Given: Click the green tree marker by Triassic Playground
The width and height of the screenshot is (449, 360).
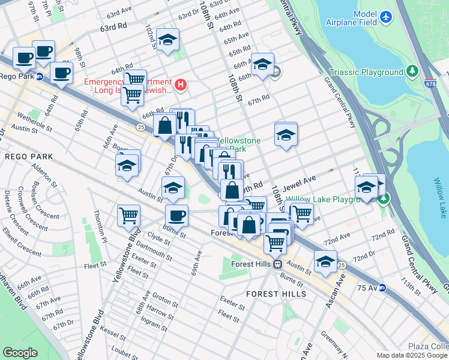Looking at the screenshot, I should point(412,72).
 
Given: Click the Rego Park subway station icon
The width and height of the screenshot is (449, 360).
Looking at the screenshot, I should point(39,76).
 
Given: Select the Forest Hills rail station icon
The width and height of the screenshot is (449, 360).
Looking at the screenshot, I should point(277,264).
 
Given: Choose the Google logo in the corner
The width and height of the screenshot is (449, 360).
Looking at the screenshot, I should point(20,353).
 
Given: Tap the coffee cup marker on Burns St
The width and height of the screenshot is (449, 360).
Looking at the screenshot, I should point(176,215).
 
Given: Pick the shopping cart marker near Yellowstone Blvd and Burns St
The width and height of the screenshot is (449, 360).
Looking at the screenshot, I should point(128,215).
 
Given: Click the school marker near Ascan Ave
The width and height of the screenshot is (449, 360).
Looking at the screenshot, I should point(325,262).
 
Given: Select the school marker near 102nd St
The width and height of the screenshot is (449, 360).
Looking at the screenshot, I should point(167,40).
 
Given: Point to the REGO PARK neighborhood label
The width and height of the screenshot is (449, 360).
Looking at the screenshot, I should point(29,156).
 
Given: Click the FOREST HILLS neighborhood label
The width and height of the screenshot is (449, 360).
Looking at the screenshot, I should point(276,294).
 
